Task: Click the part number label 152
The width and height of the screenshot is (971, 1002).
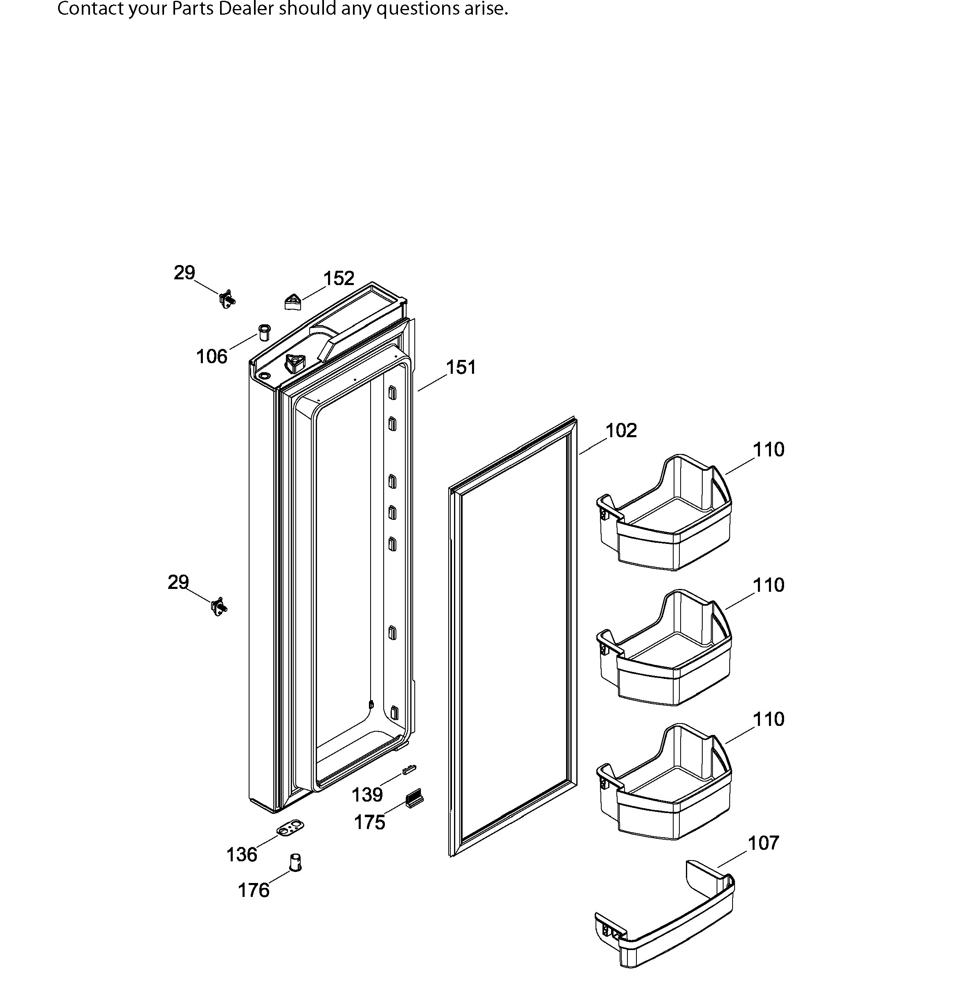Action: pos(339,278)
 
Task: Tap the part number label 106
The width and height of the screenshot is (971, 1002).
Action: pos(212,356)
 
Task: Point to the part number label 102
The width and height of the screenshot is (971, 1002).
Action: pos(621,430)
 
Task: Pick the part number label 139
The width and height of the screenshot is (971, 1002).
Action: pos(367,795)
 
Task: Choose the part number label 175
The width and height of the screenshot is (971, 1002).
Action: pos(370,822)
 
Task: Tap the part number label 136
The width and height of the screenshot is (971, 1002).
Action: pos(242,855)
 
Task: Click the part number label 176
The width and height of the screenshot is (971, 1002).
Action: pos(254,891)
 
